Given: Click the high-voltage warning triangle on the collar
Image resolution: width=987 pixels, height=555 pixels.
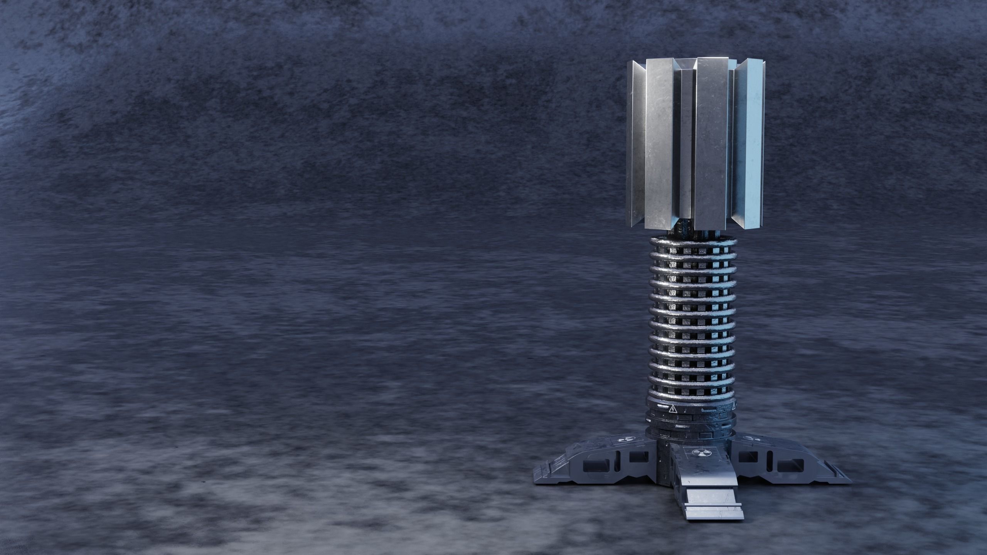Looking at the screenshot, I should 673,409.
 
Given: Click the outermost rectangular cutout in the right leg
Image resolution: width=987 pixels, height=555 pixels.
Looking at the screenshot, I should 789,466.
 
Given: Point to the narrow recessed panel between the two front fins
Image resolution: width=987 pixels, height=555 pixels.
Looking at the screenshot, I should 686,150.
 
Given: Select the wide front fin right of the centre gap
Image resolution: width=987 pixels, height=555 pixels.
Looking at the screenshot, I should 712,146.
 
